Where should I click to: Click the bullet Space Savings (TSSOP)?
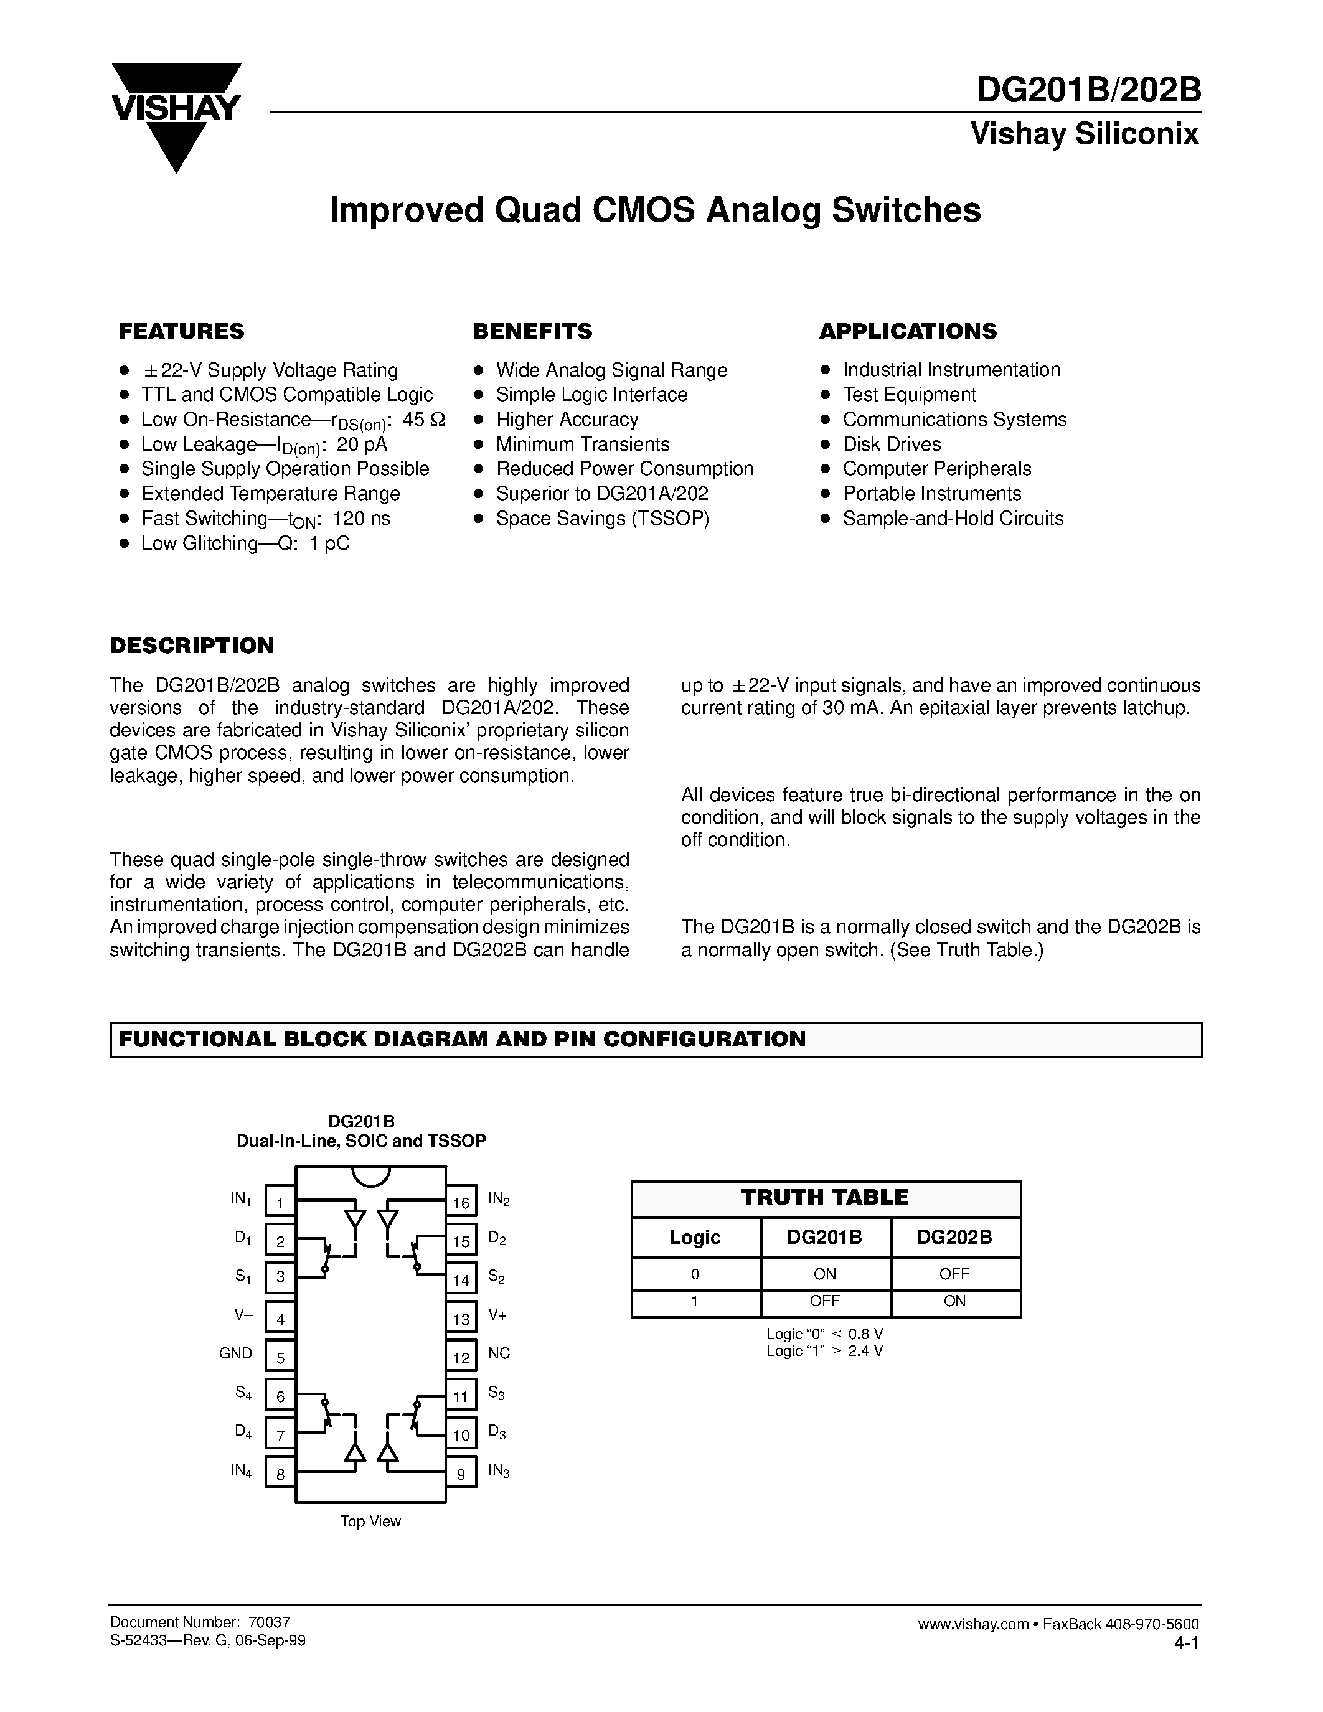pyautogui.click(x=602, y=518)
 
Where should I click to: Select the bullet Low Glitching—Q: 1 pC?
pyautogui.click(x=245, y=543)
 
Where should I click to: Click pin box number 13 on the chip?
pyautogui.click(x=461, y=1319)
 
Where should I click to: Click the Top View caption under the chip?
pyautogui.click(x=370, y=1522)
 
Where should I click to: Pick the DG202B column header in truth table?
pyautogui.click(x=954, y=1238)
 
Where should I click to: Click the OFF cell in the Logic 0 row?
pyautogui.click(x=954, y=1274)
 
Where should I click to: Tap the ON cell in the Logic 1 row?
pyautogui.click(x=954, y=1301)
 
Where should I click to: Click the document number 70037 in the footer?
pyautogui.click(x=269, y=1622)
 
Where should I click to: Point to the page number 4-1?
pyautogui.click(x=1186, y=1642)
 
